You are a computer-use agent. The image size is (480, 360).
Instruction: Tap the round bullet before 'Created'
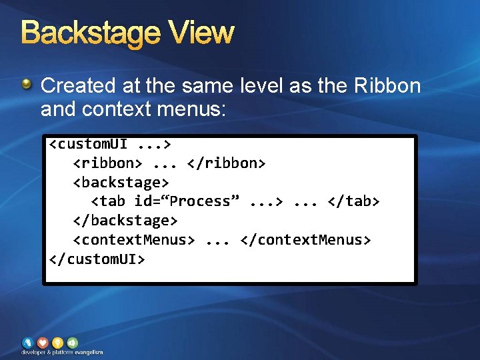(x=27, y=85)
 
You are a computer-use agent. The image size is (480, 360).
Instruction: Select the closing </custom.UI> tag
(x=97, y=258)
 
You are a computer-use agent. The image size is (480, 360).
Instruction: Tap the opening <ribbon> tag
(x=107, y=163)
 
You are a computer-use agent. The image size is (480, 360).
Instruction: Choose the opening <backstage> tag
(x=121, y=182)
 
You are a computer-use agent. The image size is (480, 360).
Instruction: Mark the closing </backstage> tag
(x=125, y=220)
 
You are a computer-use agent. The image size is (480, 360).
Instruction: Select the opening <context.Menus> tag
(x=133, y=239)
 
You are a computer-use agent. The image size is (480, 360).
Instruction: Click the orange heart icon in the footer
(x=43, y=343)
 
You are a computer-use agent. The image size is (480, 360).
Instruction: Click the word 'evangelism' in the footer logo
(x=88, y=352)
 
